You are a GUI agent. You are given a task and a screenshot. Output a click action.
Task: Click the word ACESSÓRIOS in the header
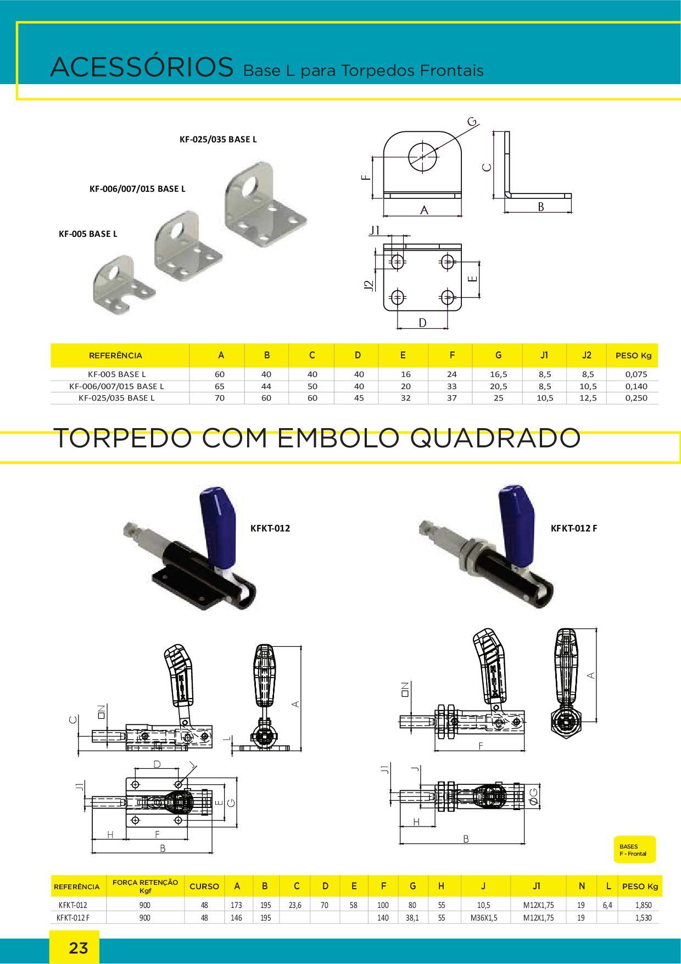click(x=142, y=67)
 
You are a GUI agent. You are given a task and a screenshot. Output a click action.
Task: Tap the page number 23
click(x=78, y=948)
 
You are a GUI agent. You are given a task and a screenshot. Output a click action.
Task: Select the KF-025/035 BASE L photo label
click(x=218, y=140)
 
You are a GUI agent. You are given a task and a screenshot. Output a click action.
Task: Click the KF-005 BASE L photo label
click(x=88, y=234)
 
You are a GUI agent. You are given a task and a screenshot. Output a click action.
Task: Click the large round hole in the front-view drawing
click(x=423, y=156)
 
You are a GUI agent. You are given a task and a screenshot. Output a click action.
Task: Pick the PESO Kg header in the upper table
click(x=633, y=355)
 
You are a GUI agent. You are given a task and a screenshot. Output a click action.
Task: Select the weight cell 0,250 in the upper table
click(x=636, y=398)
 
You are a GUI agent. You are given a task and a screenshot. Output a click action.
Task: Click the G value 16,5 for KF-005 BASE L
click(x=498, y=374)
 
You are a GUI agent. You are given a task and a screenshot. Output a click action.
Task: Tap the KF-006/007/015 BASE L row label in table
click(x=116, y=386)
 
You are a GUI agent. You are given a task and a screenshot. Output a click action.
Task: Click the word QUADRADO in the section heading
click(x=495, y=437)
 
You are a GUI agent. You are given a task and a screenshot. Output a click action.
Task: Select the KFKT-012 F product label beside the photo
click(x=574, y=528)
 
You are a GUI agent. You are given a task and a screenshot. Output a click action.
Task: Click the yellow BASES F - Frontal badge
click(x=634, y=850)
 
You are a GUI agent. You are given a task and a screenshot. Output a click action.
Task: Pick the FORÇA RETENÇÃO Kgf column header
click(x=145, y=886)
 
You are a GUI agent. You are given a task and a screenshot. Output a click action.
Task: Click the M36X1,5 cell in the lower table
click(x=484, y=918)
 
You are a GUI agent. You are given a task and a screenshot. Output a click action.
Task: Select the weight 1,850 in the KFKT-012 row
click(x=643, y=905)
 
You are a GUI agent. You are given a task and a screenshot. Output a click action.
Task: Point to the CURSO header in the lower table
click(x=204, y=887)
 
